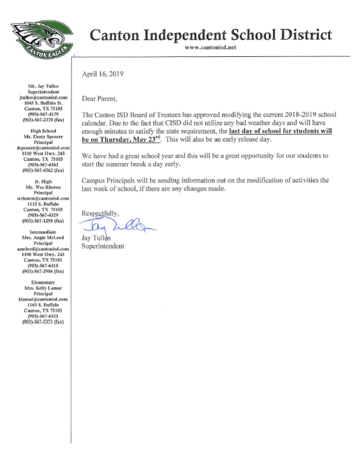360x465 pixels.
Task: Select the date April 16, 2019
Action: tap(103, 74)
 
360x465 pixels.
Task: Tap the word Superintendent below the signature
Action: tap(103, 246)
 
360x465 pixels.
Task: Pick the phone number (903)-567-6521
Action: tap(45, 316)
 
